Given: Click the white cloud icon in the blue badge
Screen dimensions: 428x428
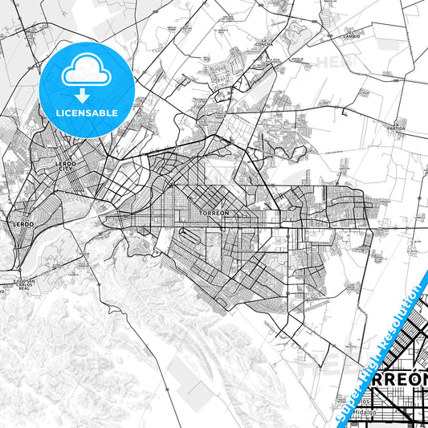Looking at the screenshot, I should [85, 71].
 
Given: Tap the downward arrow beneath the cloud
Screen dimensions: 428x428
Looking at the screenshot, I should [85, 95].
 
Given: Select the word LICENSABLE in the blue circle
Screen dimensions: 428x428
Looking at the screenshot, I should [85, 112].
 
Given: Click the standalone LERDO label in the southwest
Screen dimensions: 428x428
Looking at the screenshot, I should [22, 224].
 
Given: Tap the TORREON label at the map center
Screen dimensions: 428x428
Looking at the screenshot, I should [213, 213].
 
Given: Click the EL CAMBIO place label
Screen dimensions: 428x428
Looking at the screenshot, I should [352, 35].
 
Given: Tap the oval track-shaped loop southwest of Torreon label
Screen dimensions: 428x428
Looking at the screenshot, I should [187, 238].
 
